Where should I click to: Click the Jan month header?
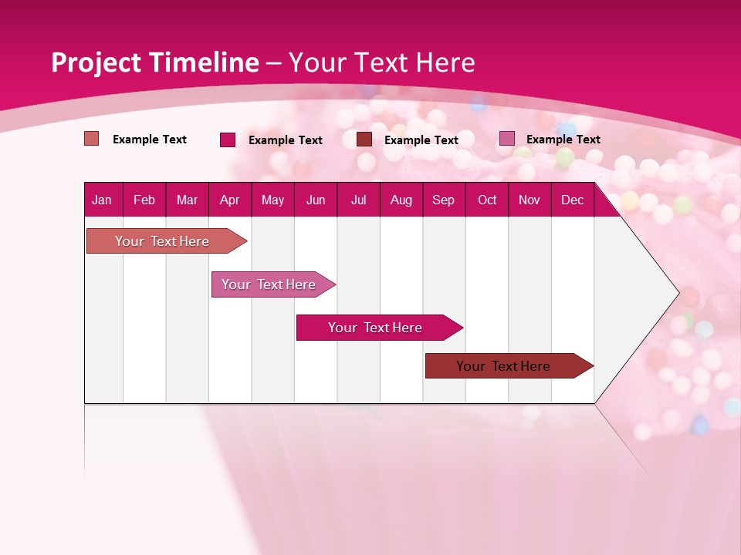102,200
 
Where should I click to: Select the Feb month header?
144,200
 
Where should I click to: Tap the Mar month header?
187,200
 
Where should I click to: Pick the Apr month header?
230,200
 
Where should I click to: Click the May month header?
272,200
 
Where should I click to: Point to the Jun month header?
316,200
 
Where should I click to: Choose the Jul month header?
358,200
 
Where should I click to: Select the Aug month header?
401,200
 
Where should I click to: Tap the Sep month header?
444,200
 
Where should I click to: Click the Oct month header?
487,200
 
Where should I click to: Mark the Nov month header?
530,200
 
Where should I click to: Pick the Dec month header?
572,200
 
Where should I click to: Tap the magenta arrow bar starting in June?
376,328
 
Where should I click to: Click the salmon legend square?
92,139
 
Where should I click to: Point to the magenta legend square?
228,140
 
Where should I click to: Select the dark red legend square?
364,140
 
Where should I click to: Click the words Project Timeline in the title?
154,62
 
